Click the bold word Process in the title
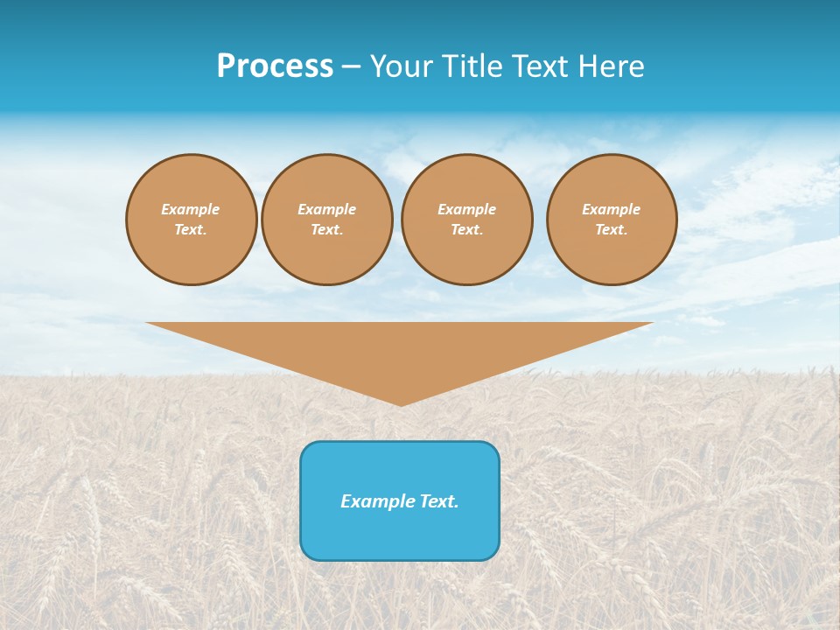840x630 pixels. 275,66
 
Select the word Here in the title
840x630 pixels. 609,66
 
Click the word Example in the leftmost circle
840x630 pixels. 191,209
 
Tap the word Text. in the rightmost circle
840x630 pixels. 612,229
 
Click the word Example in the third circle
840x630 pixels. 467,209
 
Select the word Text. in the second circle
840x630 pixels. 327,229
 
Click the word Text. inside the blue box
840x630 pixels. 439,501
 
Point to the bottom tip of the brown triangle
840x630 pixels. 401,403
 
